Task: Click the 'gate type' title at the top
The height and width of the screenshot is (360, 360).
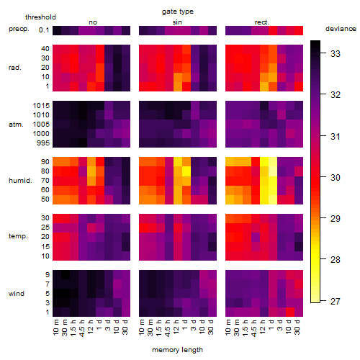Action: (178, 12)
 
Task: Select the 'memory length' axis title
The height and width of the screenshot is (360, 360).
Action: (177, 350)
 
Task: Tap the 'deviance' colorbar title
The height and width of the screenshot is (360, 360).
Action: (341, 29)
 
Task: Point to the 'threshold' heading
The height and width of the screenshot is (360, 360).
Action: (40, 17)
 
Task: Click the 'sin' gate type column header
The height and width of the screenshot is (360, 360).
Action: (177, 22)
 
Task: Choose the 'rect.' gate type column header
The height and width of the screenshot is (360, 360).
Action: (262, 22)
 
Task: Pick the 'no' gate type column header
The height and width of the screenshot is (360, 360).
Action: (93, 22)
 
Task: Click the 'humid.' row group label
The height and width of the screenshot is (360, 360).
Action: (20, 181)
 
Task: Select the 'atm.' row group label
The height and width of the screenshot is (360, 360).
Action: (16, 125)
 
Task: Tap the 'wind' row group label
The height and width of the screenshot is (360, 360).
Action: (17, 294)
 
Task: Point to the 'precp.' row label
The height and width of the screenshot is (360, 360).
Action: (19, 29)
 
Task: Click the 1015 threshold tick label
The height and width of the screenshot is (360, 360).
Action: (41, 106)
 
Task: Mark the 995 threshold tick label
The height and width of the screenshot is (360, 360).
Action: (43, 143)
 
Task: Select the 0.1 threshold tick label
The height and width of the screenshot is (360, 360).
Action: (44, 30)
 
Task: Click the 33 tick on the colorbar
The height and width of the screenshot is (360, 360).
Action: (336, 54)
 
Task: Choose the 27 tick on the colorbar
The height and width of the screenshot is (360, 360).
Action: (336, 301)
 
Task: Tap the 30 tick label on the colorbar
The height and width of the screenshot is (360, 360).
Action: (336, 178)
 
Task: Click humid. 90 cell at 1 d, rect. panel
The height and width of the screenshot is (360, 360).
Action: (273, 162)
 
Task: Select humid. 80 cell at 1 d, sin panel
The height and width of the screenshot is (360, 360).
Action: (186, 171)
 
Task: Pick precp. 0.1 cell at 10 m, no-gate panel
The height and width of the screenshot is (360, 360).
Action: (57, 30)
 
